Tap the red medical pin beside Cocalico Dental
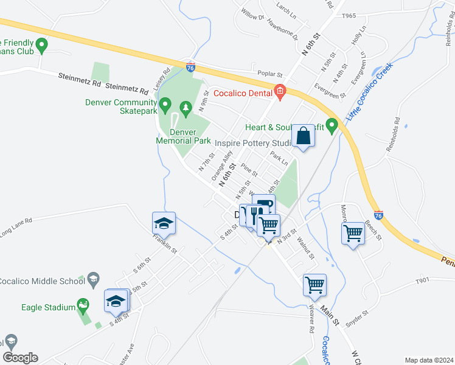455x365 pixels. (x=279, y=92)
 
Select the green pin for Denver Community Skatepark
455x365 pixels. (x=164, y=107)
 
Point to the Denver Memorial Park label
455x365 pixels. (x=183, y=136)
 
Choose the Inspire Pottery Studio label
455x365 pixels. (x=254, y=143)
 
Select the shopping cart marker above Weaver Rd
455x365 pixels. (x=314, y=285)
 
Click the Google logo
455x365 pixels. (x=20, y=358)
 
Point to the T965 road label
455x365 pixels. (x=349, y=15)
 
